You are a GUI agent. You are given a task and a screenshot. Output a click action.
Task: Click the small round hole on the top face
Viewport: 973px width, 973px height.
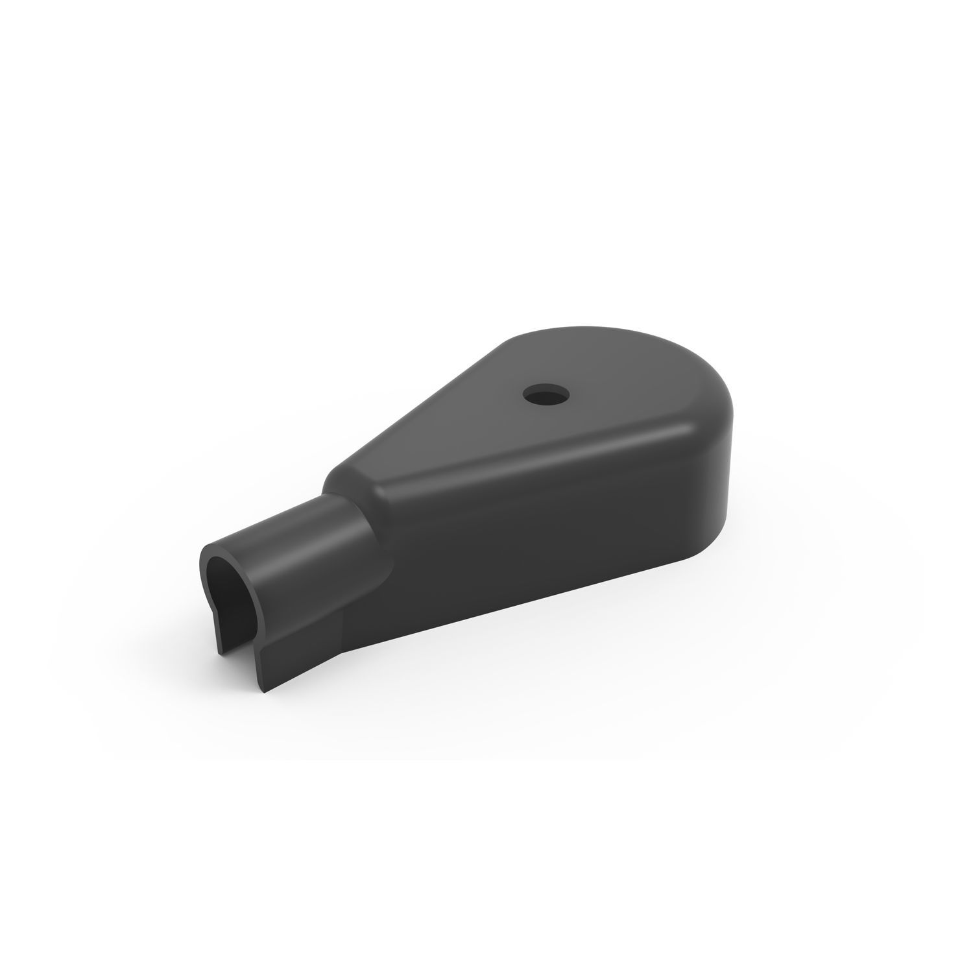coord(544,392)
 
